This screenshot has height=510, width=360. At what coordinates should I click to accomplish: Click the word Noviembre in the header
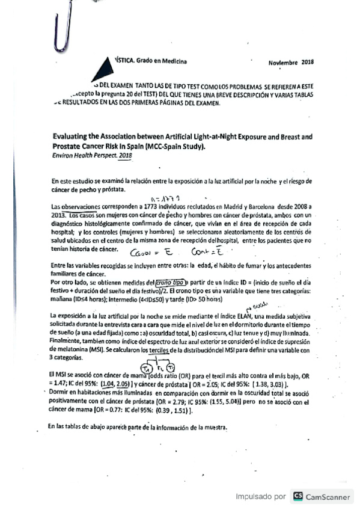[x=283, y=62]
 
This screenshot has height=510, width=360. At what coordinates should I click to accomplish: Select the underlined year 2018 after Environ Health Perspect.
[x=125, y=155]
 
